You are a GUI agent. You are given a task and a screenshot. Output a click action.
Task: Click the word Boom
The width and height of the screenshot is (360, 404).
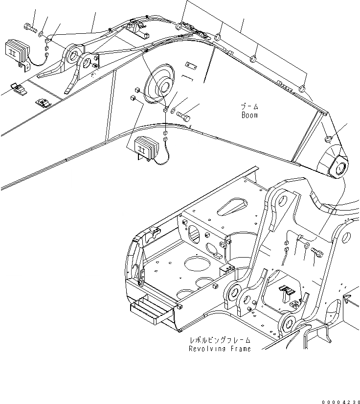click(x=249, y=116)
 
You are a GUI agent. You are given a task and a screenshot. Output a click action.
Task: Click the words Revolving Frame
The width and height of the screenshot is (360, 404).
click(x=220, y=349)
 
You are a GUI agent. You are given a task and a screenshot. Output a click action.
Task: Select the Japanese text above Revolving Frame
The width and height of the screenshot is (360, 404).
click(x=221, y=340)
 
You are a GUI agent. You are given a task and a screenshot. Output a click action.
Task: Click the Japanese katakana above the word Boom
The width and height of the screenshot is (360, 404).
click(x=249, y=107)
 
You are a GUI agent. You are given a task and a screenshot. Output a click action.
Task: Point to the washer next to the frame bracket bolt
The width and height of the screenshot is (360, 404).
click(x=306, y=245)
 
